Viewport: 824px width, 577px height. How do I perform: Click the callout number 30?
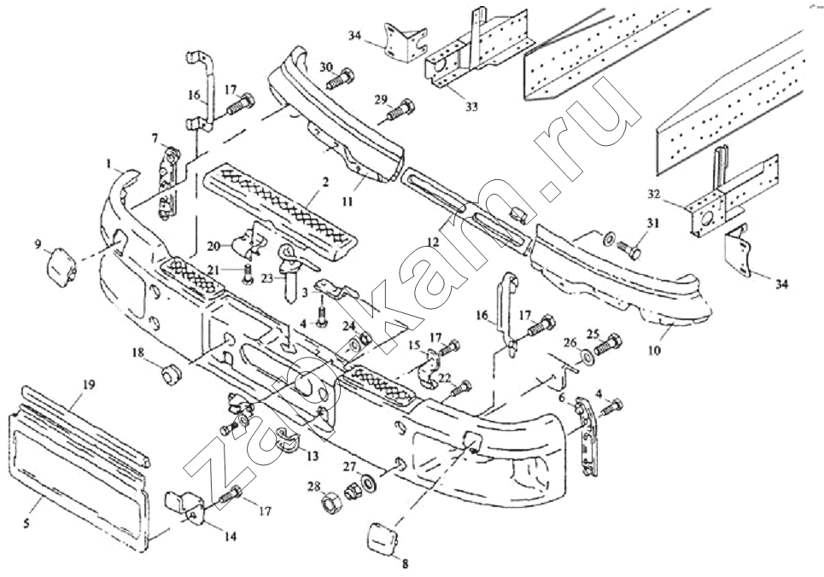click(x=327, y=67)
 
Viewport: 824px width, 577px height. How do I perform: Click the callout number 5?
click(x=27, y=522)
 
